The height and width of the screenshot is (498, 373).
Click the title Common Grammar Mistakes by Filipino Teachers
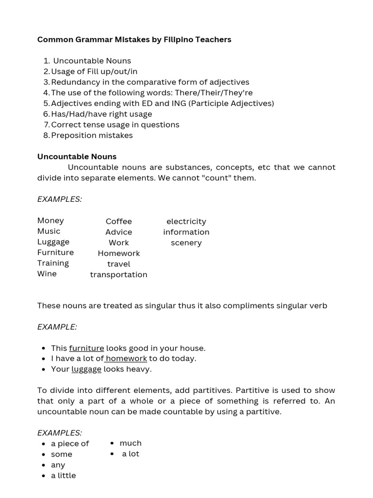coord(134,39)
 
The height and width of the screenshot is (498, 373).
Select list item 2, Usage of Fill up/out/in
coord(94,71)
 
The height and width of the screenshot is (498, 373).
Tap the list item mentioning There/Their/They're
coord(152,92)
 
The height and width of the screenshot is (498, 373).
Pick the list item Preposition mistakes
coord(92,135)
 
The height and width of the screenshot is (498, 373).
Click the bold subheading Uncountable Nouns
coord(77,157)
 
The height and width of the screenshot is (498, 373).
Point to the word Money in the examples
coord(51,220)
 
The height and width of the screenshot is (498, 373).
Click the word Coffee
coord(119,221)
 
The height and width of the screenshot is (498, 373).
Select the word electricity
coord(186,221)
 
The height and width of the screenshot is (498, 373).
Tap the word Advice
coord(119,232)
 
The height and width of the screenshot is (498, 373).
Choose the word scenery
coord(186,243)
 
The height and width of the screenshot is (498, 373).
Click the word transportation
coord(119,274)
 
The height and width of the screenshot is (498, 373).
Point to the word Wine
coord(47,274)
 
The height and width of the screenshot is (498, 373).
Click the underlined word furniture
coord(86,348)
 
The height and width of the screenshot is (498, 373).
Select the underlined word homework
coord(126,358)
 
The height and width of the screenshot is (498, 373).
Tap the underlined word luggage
coord(86,369)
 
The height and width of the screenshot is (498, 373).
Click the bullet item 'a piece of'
coord(70,444)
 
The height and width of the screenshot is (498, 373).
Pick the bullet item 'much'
coord(131,443)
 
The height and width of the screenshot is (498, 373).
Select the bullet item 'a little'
coord(64,476)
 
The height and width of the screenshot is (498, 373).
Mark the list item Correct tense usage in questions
coord(115,124)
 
